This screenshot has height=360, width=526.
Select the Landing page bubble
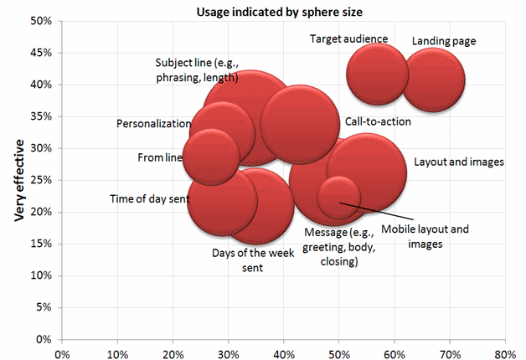pyautogui.click(x=433, y=80)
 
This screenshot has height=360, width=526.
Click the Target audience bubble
pyautogui.click(x=378, y=74)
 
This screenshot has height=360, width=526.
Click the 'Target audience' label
pyautogui.click(x=348, y=39)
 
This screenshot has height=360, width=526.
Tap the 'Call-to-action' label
pyautogui.click(x=378, y=121)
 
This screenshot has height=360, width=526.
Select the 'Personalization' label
pyautogui.click(x=153, y=124)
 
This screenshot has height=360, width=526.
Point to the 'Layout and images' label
pyautogui.click(x=459, y=162)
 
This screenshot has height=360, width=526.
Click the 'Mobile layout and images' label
pyautogui.click(x=425, y=236)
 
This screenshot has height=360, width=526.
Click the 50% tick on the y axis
pyautogui.click(x=43, y=21)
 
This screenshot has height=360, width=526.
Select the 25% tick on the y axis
pyautogui.click(x=43, y=180)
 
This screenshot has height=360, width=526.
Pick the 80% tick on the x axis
pyautogui.click(x=505, y=351)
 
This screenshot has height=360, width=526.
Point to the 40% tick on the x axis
pyautogui.click(x=284, y=351)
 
